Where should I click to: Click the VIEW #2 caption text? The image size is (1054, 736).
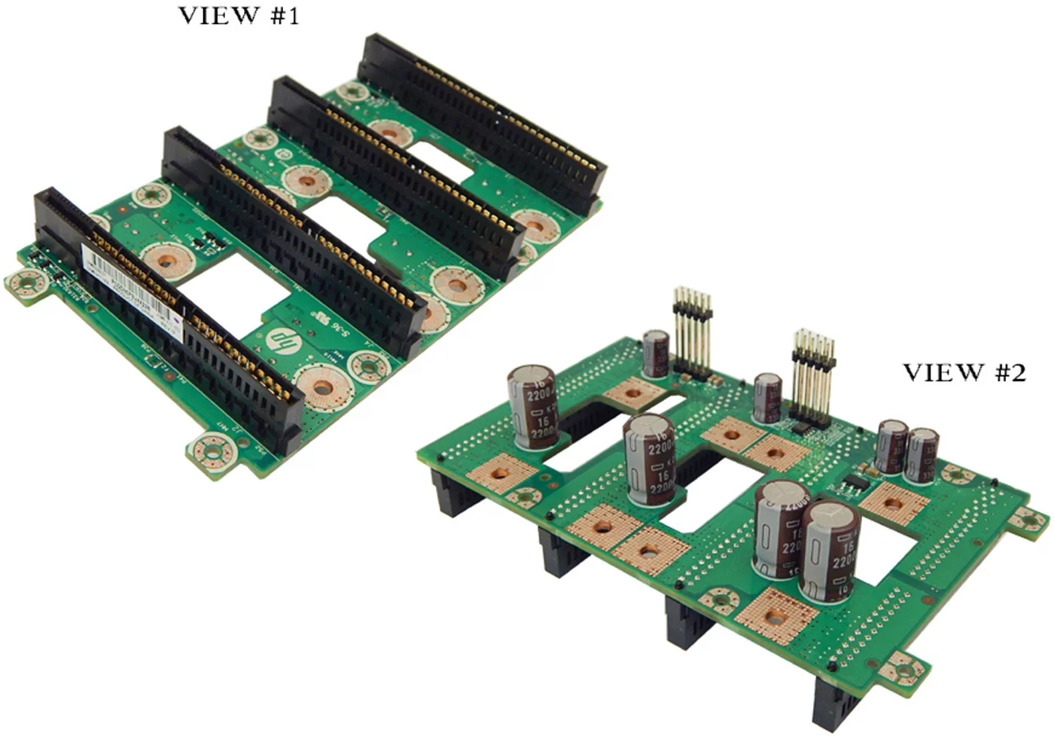click(964, 372)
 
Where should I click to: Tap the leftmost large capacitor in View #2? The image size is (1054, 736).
click(533, 407)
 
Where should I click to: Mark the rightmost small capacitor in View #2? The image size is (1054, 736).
click(922, 454)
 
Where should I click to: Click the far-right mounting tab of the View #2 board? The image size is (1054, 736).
click(1031, 520)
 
